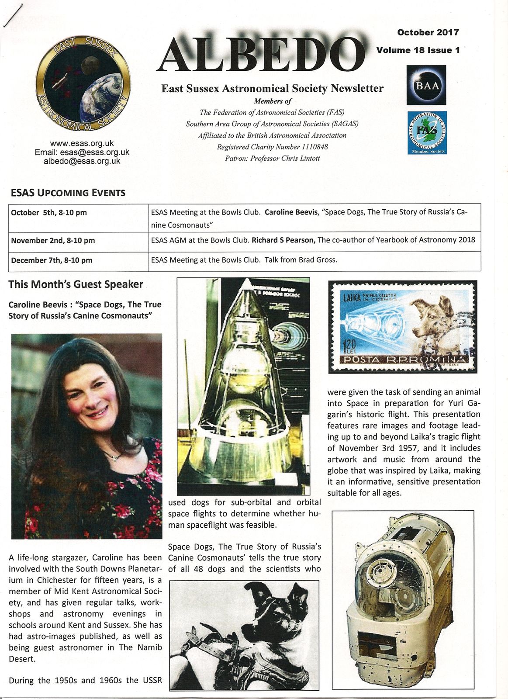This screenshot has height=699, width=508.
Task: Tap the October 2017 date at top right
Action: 428,32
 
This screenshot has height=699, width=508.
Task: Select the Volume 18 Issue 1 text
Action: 418,50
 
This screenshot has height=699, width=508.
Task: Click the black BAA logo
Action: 426,85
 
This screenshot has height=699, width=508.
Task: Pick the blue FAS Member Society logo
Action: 426,132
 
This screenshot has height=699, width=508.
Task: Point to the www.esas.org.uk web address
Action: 82,143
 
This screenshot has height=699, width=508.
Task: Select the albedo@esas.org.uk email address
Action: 82,161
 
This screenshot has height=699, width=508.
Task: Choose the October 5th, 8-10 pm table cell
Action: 49,213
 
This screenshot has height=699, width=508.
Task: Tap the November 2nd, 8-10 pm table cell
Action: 53,241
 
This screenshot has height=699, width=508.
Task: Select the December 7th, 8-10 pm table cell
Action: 52,260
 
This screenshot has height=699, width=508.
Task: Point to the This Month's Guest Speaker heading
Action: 76,284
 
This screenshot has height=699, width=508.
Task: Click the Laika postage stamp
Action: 402,327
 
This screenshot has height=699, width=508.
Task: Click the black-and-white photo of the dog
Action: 244,635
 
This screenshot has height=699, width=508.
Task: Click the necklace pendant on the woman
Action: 114,457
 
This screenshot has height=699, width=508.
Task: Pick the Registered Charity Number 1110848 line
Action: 272,147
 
